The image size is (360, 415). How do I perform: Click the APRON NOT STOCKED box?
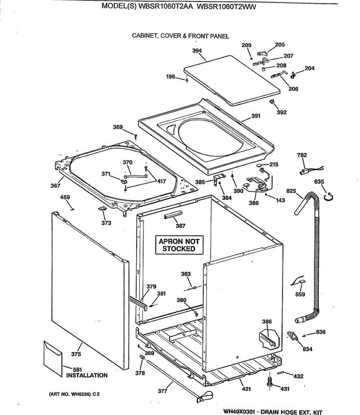pyautogui.click(x=179, y=245)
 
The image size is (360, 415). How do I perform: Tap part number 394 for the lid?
pyautogui.click(x=197, y=51)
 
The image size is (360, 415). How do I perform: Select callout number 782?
pyautogui.click(x=302, y=155)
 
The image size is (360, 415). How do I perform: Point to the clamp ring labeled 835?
pyautogui.click(x=329, y=197)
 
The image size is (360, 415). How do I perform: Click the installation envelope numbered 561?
pyautogui.click(x=53, y=354)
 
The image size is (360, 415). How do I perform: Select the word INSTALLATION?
pyautogui.click(x=87, y=376)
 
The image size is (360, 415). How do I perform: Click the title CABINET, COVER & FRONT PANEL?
pyautogui.click(x=180, y=36)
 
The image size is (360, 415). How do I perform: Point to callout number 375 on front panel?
pyautogui.click(x=76, y=354)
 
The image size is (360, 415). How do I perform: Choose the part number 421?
pyautogui.click(x=246, y=389)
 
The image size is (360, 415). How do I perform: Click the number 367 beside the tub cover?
pyautogui.click(x=55, y=186)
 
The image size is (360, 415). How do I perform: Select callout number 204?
pyautogui.click(x=310, y=68)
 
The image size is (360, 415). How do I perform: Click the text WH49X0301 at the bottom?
pyautogui.click(x=239, y=412)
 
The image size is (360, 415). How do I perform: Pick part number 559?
pyautogui.click(x=300, y=294)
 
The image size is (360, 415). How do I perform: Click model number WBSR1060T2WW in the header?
pyautogui.click(x=227, y=7)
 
